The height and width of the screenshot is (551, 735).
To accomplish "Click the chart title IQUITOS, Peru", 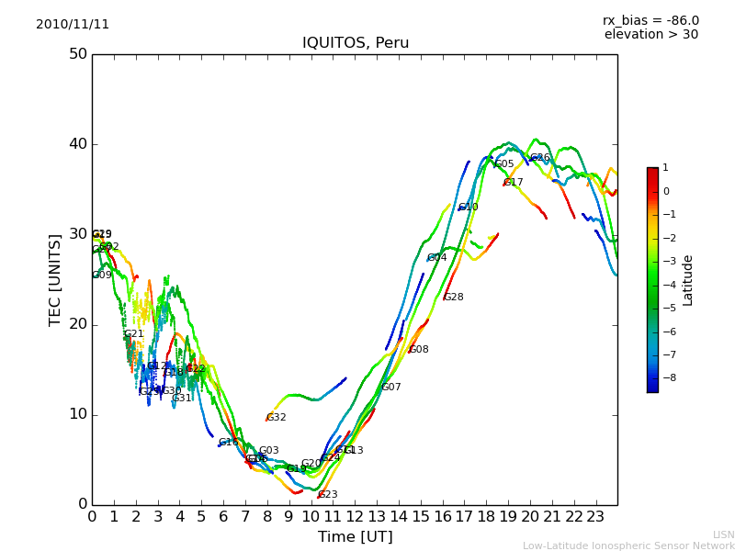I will [x=356, y=43].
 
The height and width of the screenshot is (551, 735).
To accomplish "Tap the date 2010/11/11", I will [x=73, y=25].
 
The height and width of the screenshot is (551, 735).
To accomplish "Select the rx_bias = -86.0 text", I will [x=650, y=21].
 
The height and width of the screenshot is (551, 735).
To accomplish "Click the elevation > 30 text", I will [x=650, y=35].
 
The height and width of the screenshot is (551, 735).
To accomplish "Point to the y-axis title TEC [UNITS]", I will [x=55, y=279].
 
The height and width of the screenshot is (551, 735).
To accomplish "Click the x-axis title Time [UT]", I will [x=355, y=537].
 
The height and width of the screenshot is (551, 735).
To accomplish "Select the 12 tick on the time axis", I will [x=355, y=516].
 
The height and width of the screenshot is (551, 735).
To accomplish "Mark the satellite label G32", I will [x=277, y=418].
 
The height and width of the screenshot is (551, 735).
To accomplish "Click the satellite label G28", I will [x=454, y=298].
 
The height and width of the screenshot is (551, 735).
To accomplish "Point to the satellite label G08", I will [x=419, y=350].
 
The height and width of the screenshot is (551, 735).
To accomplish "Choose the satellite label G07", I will [x=391, y=388].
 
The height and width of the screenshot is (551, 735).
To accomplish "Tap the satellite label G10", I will [x=469, y=208].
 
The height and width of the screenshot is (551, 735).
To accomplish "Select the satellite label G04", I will [x=437, y=258].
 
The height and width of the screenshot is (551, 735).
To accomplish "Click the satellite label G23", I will [x=328, y=495].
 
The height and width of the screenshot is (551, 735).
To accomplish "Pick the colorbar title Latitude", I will [x=688, y=280].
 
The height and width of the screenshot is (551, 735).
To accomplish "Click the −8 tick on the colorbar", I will [x=666, y=377].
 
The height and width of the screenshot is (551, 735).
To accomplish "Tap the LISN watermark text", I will [x=724, y=534].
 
